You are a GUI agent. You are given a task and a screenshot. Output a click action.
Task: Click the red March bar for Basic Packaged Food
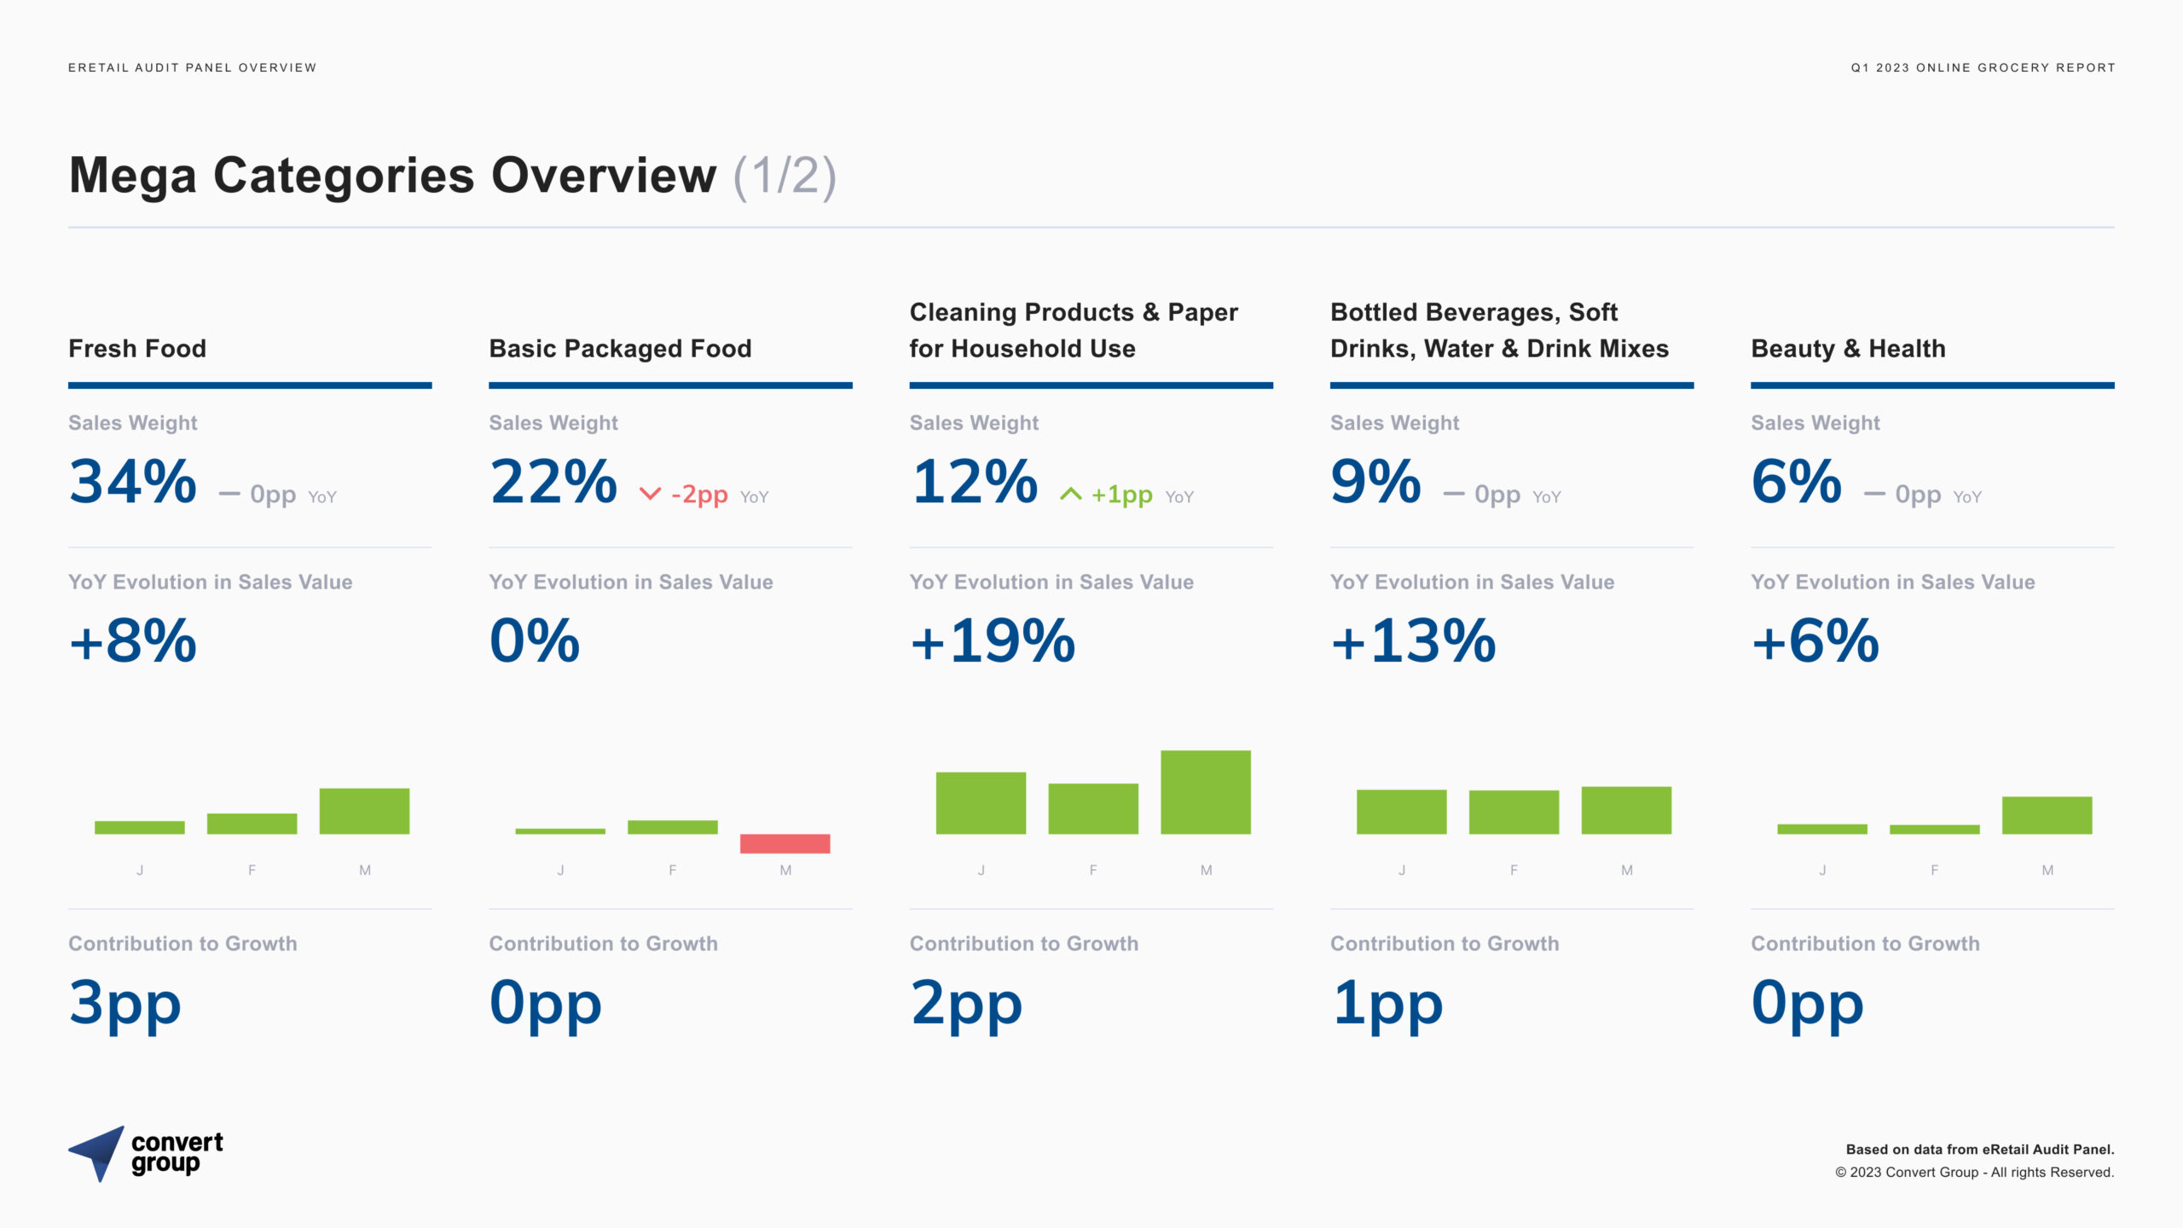[785, 843]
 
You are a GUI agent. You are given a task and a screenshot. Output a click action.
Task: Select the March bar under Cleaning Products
[1206, 792]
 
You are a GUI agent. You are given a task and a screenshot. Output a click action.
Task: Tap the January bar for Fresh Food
[140, 827]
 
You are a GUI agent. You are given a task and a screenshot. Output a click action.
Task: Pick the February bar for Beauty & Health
[1935, 829]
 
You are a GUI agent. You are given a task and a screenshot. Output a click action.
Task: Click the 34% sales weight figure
[133, 482]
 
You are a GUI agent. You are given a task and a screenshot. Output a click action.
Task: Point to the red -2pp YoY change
[699, 495]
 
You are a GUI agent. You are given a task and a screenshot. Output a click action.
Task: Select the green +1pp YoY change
[1122, 495]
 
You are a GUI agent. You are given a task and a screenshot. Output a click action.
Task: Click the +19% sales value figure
[993, 641]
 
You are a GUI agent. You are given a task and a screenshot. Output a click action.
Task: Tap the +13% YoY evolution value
[1413, 641]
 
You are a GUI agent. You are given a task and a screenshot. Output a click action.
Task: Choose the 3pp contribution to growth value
[125, 1005]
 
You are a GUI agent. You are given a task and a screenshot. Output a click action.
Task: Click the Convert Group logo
[146, 1154]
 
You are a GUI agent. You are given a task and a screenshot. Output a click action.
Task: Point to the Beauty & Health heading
[1848, 349]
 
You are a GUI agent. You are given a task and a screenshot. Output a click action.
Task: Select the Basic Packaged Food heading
[620, 349]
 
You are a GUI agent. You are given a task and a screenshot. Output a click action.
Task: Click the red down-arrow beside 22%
[650, 494]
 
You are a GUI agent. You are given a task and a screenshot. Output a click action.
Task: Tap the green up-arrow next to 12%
[1070, 494]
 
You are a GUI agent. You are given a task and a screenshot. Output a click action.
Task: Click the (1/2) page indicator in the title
[785, 176]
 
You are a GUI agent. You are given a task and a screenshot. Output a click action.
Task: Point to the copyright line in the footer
[1974, 1173]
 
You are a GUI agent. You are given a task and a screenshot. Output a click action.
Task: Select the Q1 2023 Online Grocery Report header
[1983, 67]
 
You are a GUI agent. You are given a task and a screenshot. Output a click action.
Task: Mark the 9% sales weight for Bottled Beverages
[1375, 482]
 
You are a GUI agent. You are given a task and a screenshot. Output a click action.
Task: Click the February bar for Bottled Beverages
[1514, 812]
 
